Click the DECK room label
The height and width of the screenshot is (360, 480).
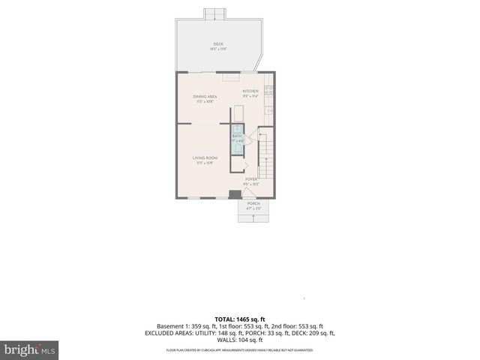tap(218, 44)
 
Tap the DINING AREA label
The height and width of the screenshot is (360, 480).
tap(205, 96)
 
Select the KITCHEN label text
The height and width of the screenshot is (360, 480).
tap(250, 91)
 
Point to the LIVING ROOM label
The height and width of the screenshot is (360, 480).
tap(205, 157)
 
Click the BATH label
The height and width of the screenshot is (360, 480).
tap(237, 136)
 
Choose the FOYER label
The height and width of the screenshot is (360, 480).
tap(251, 179)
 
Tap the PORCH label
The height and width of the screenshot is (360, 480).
tap(253, 203)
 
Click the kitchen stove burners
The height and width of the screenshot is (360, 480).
tap(268, 92)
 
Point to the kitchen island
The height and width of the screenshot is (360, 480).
tap(238, 113)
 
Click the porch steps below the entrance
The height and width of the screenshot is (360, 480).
tap(253, 217)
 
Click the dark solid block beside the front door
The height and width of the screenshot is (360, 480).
tap(233, 194)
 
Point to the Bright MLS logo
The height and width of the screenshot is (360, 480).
tap(29, 349)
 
